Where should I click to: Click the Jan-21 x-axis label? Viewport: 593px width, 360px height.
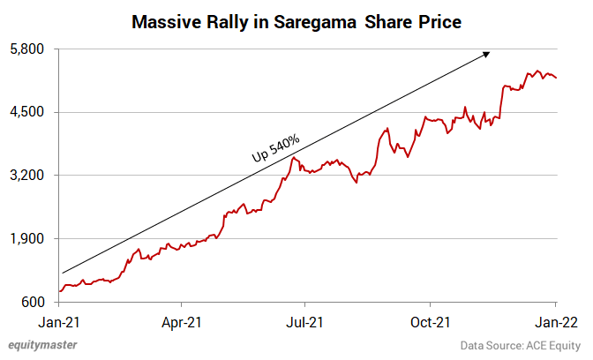point(59,323)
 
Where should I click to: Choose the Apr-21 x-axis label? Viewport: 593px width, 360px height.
point(183,323)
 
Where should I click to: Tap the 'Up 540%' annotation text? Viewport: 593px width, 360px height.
point(276,147)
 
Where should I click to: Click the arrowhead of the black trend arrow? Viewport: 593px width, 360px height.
point(487,55)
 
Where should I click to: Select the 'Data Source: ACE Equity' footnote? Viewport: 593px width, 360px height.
point(521,345)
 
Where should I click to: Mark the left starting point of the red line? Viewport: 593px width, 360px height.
point(59,291)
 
